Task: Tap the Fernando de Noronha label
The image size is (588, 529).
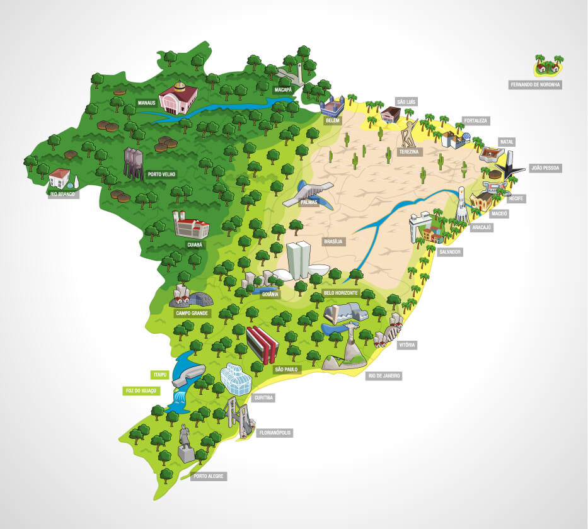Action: click(535, 83)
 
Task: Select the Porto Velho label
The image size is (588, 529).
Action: click(161, 174)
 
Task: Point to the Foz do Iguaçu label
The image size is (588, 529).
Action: click(140, 390)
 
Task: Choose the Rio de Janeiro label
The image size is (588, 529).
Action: click(384, 376)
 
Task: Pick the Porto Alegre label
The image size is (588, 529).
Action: click(209, 476)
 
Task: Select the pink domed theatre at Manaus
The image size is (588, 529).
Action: click(178, 98)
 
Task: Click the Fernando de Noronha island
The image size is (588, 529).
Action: click(548, 64)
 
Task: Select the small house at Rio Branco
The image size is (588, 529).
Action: click(60, 178)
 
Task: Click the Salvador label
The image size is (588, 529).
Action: click(451, 252)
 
